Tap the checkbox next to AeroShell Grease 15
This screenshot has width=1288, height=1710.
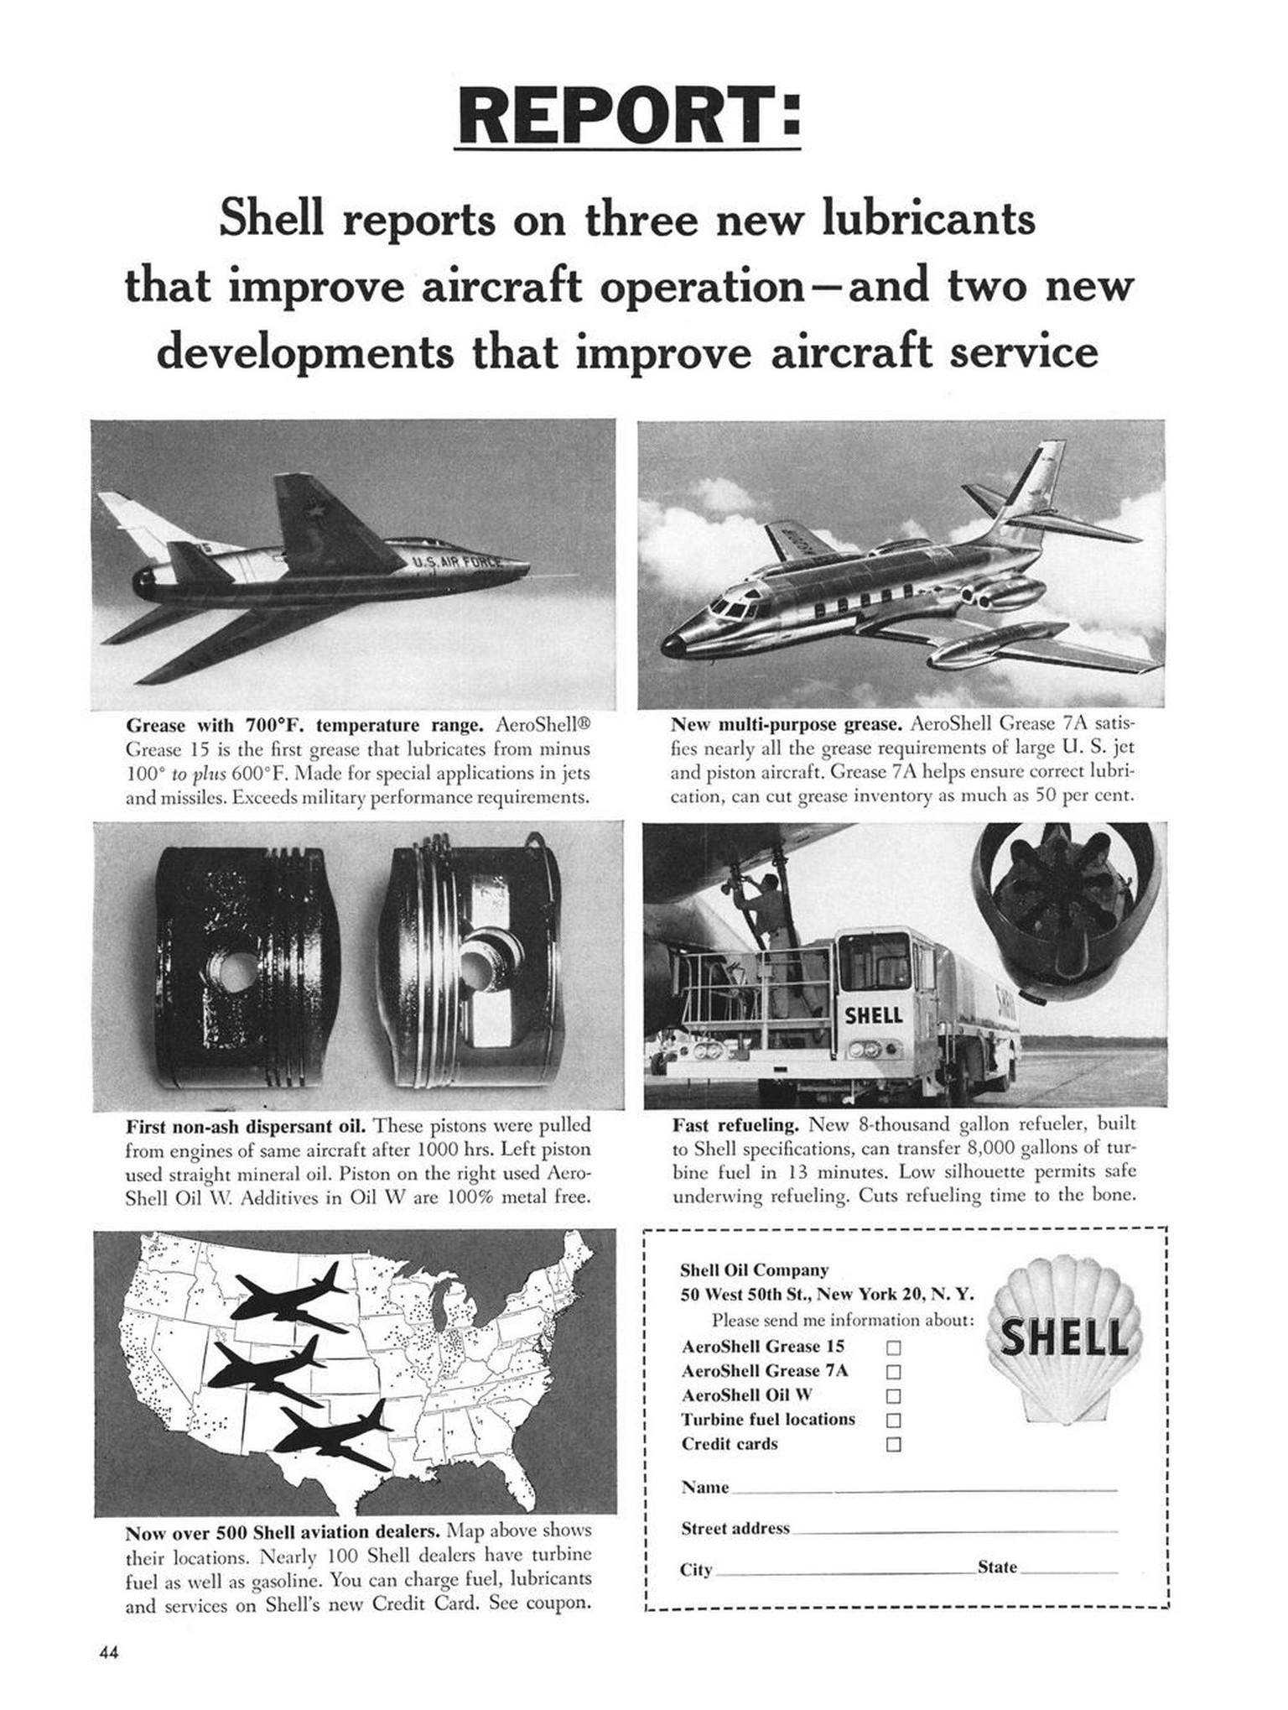click(x=894, y=1348)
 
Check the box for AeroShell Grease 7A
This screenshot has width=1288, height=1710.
click(x=894, y=1372)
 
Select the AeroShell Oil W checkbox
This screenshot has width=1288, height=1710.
click(x=894, y=1396)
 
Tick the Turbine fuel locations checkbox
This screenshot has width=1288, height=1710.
click(x=894, y=1421)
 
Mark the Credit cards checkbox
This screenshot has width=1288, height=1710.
click(x=894, y=1445)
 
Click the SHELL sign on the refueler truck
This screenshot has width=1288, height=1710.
click(x=873, y=1015)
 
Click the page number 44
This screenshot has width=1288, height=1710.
click(x=109, y=1654)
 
